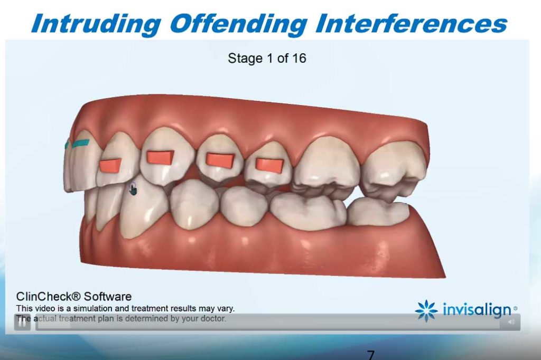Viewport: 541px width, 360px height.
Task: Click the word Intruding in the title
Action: pyautogui.click(x=96, y=24)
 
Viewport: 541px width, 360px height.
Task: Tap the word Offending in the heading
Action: pyautogui.click(x=238, y=24)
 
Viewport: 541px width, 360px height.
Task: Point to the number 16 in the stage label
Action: pyautogui.click(x=299, y=58)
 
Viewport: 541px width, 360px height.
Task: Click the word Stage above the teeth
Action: pyautogui.click(x=245, y=58)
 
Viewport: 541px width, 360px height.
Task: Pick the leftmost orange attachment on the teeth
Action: pyautogui.click(x=110, y=165)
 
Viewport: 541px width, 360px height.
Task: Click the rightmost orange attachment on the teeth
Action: pyautogui.click(x=269, y=165)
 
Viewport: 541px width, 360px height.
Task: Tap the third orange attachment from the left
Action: pyautogui.click(x=220, y=159)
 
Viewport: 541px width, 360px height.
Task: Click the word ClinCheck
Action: pyautogui.click(x=48, y=297)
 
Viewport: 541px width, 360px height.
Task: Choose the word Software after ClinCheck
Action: pyautogui.click(x=108, y=297)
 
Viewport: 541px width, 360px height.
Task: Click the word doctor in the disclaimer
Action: pyautogui.click(x=213, y=318)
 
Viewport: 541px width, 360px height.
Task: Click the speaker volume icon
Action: pyautogui.click(x=511, y=321)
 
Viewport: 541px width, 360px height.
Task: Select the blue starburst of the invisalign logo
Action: pyautogui.click(x=426, y=310)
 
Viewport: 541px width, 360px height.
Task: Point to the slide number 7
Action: pyautogui.click(x=370, y=355)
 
